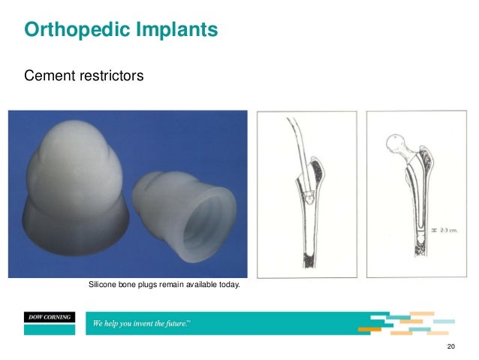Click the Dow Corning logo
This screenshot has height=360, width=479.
pyautogui.click(x=47, y=317)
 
